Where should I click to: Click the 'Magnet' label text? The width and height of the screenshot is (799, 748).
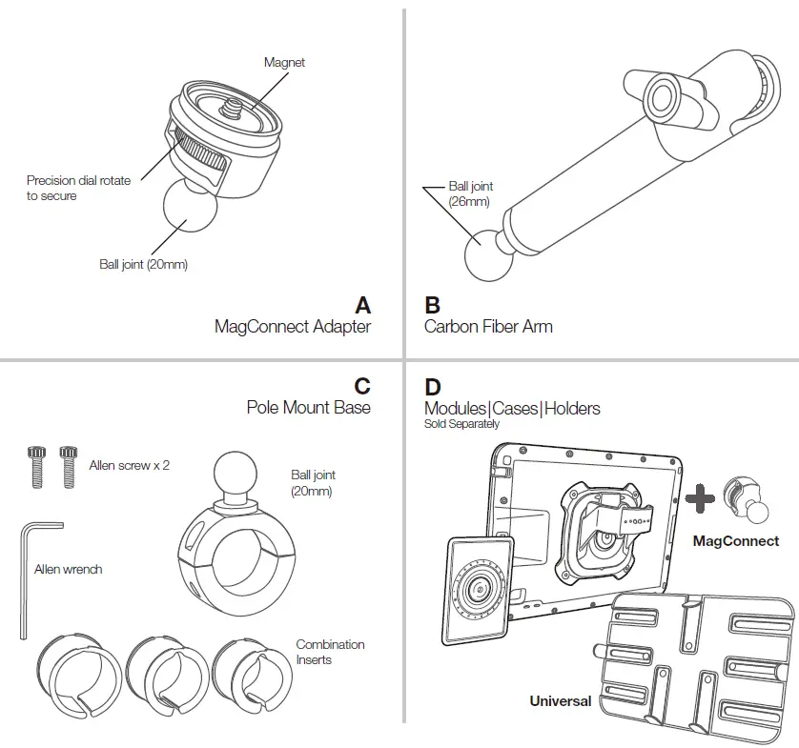pos(284,63)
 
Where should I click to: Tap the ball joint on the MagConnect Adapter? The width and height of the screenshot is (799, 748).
pos(190,211)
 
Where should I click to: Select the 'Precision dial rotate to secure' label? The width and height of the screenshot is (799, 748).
pos(78,188)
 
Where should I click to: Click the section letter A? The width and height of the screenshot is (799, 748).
pos(362,305)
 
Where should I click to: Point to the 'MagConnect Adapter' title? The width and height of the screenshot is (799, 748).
pos(292,327)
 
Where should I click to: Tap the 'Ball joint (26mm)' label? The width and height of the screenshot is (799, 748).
pos(470,194)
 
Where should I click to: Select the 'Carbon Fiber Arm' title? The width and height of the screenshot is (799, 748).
pos(488,327)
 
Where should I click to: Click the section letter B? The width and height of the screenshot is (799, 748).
pos(432,305)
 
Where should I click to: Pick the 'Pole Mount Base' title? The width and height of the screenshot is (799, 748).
pos(308,408)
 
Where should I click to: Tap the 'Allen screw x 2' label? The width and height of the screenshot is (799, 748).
pos(129,466)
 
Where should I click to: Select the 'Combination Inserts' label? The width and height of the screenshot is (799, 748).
pos(330,652)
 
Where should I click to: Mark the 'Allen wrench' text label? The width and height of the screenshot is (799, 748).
pos(68,569)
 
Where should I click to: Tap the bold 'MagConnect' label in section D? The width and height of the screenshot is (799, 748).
pos(735,541)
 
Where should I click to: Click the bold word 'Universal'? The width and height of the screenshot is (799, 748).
pos(561,700)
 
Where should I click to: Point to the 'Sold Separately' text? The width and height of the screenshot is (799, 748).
pos(461,424)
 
